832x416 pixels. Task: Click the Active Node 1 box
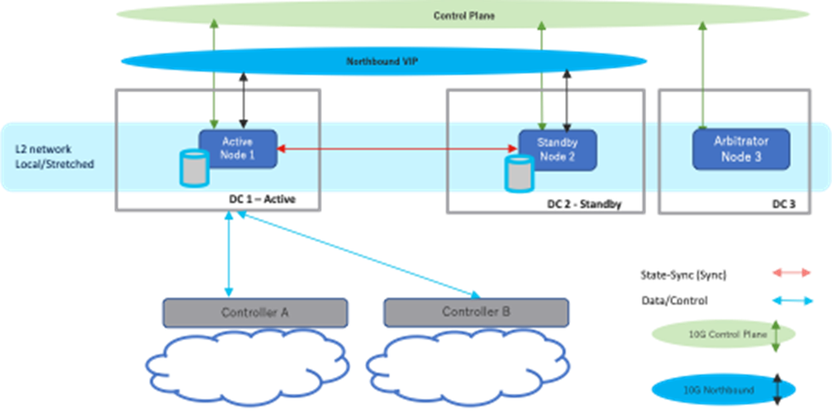(236, 148)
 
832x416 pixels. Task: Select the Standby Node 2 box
(557, 150)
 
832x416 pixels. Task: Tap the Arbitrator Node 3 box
(740, 149)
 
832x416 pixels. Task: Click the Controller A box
(255, 312)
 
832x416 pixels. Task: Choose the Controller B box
(476, 312)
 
